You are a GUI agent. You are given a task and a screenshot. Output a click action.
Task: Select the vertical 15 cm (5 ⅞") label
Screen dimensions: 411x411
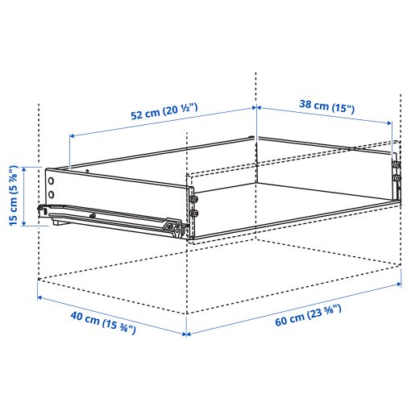pos(14,196)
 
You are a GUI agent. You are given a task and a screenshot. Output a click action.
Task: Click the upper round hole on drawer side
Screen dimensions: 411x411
pos(52,181)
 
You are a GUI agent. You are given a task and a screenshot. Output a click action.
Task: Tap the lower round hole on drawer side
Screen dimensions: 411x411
pos(52,194)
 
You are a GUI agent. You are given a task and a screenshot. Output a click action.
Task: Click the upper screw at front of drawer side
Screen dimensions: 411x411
pos(193,197)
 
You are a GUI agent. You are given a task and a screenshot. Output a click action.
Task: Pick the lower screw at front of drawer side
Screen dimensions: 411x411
pos(193,213)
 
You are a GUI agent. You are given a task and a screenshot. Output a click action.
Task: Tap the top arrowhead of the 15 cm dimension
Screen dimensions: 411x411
pos(38,168)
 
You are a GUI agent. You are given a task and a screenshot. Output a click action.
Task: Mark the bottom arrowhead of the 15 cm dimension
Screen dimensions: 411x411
pos(38,223)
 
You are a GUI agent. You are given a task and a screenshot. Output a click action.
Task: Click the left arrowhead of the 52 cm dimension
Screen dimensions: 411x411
pos(72,135)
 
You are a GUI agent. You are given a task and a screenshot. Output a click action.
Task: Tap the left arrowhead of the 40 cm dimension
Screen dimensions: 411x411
pos(39,298)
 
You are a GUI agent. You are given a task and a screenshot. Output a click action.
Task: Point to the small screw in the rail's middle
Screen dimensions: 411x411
pos(94,216)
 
